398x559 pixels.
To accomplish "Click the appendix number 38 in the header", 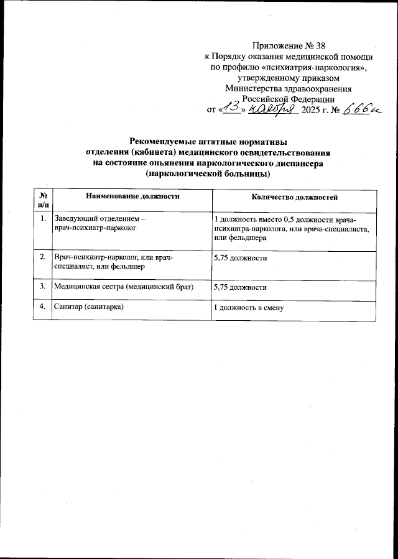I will (x=319, y=45).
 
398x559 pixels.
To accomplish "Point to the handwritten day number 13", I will (x=233, y=108).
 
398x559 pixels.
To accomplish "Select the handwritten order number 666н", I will (x=361, y=109).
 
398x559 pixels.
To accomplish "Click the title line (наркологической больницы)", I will (x=208, y=174).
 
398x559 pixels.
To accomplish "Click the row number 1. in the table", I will (x=42, y=219).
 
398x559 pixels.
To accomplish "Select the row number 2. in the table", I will (x=42, y=257).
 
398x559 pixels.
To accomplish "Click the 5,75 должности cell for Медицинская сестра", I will (x=240, y=287).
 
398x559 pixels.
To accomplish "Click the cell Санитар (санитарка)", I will (x=90, y=308).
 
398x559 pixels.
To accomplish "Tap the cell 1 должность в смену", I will (x=248, y=308).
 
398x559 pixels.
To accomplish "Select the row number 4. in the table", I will (x=42, y=307).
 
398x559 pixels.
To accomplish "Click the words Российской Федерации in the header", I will (x=288, y=98).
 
